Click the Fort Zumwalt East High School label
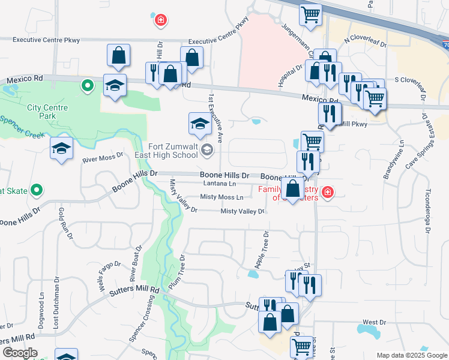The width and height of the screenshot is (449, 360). (x=173, y=150)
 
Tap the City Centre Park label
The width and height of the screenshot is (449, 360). (x=47, y=112)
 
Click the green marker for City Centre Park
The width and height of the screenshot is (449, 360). (x=88, y=86)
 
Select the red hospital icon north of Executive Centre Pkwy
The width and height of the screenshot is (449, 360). (x=160, y=22)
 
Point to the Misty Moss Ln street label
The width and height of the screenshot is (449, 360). (x=221, y=197)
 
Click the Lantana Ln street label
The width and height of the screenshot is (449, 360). (x=219, y=183)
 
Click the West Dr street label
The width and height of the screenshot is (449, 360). (x=375, y=323)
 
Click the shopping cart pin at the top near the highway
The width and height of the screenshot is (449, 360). (x=310, y=14)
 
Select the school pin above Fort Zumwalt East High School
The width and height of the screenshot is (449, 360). (x=200, y=124)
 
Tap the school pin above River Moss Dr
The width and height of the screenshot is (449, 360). (x=61, y=148)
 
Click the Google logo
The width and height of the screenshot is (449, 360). (x=20, y=353)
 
